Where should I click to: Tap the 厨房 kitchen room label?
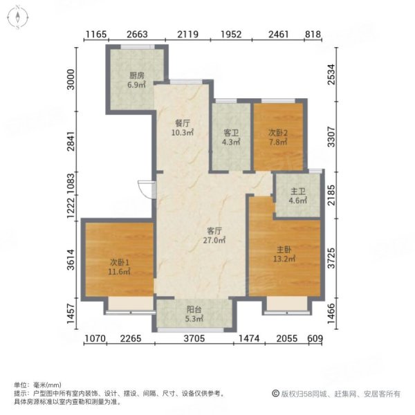pos(136,80)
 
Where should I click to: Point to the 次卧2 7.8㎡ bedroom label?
pos(277,137)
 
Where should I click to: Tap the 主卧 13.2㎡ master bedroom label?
pos(283,255)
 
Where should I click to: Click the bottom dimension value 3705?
pos(194,338)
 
